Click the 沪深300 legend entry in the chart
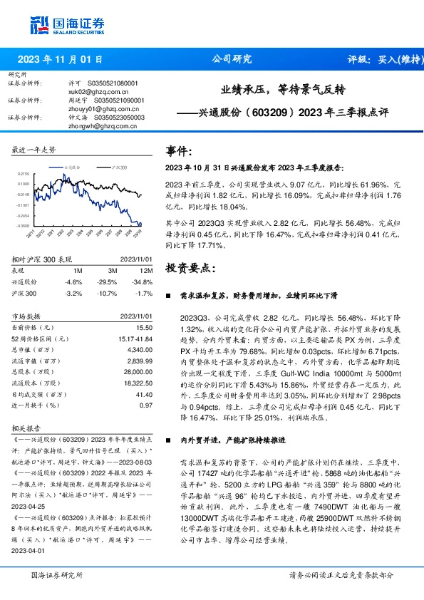[x=118, y=166]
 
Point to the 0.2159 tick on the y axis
[x=24, y=173]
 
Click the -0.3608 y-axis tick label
[x=23, y=225]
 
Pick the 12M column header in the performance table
[x=146, y=271]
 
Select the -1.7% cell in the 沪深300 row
[x=146, y=293]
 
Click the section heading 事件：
[x=179, y=151]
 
